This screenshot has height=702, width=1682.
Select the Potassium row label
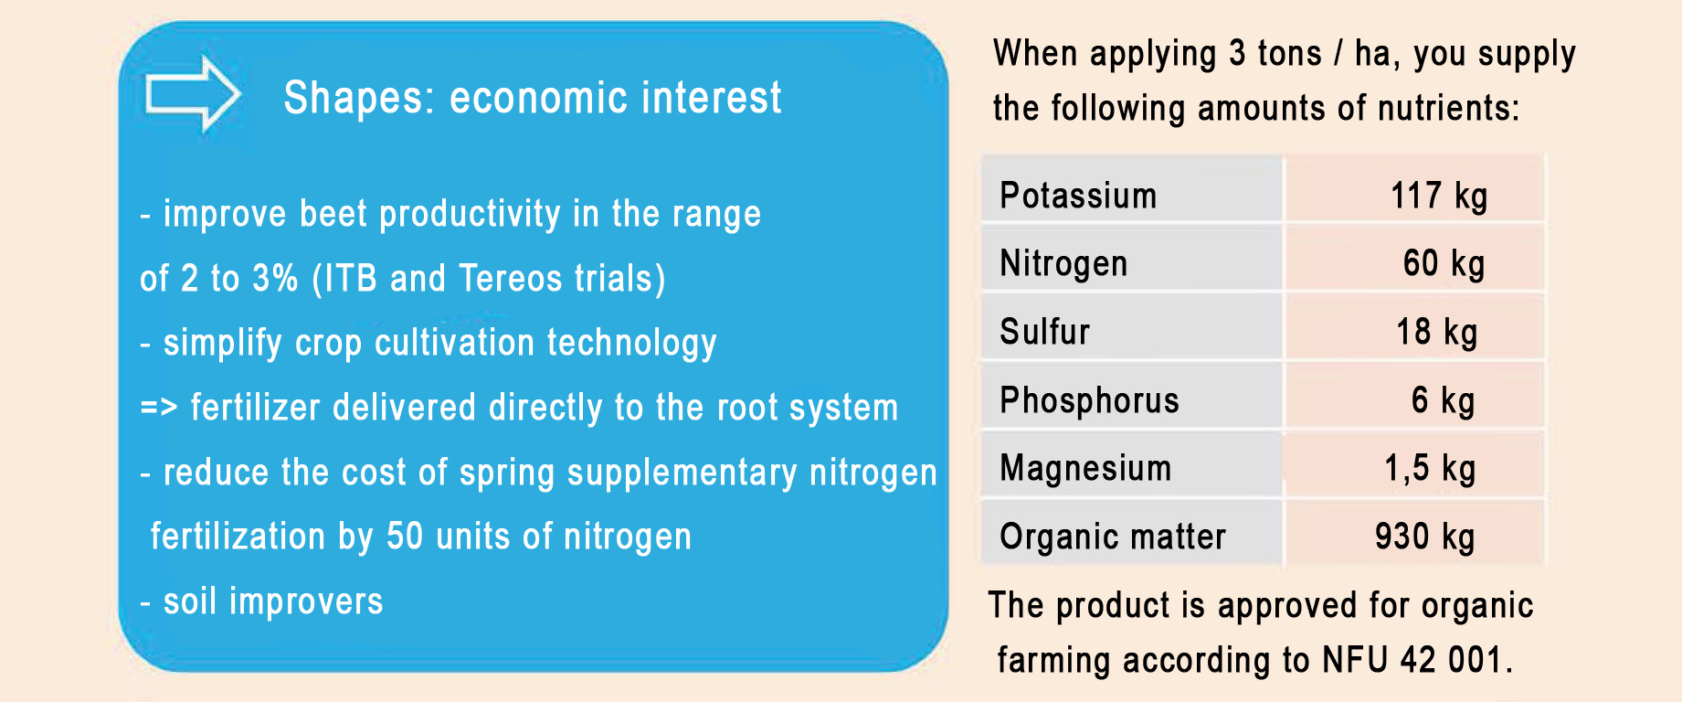[1078, 196]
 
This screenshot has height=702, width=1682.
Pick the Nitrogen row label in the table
[1063, 264]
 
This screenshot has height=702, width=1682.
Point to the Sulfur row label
[1044, 332]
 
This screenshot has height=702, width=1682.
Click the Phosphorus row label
[1089, 400]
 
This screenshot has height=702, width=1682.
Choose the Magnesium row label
[1085, 468]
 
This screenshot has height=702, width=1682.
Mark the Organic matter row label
[1113, 537]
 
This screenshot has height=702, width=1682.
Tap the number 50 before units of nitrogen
[405, 537]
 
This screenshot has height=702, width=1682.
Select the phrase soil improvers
[273, 601]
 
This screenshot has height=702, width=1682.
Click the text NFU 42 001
[1417, 660]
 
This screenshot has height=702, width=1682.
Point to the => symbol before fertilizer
[159, 408]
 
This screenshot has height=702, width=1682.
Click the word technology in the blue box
[631, 344]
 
